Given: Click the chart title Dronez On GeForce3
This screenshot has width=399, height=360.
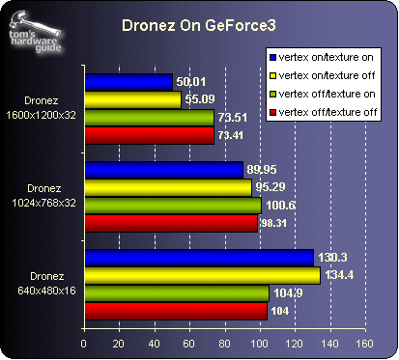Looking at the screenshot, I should pyautogui.click(x=198, y=27).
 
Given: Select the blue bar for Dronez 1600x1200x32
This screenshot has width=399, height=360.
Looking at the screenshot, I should pyautogui.click(x=128, y=83).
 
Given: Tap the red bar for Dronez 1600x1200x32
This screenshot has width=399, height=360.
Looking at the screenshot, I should pyautogui.click(x=149, y=135).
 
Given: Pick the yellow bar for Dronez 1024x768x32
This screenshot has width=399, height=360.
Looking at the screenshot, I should pyautogui.click(x=168, y=187).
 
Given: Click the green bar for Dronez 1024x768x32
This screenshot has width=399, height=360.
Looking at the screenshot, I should pyautogui.click(x=172, y=205).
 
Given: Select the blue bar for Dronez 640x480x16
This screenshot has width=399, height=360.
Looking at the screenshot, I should pyautogui.click(x=199, y=258).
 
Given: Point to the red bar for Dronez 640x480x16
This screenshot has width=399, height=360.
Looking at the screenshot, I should pyautogui.click(x=176, y=310).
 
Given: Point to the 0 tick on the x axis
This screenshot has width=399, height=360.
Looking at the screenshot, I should pyautogui.click(x=85, y=343).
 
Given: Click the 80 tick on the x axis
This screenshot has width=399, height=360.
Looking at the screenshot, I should pyautogui.click(x=224, y=343).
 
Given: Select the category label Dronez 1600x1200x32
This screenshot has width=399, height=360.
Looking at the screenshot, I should pyautogui.click(x=43, y=109).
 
